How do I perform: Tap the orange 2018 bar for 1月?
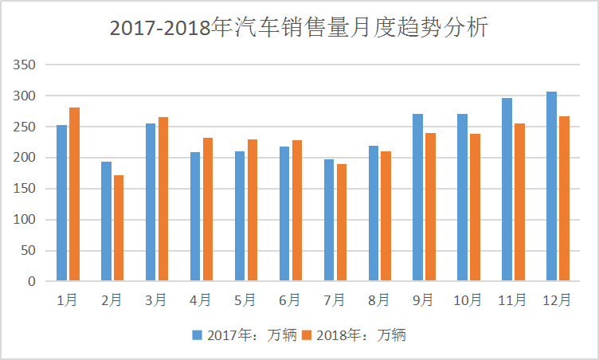point(74,194)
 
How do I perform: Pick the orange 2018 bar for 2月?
point(119,228)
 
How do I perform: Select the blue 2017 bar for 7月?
point(329,220)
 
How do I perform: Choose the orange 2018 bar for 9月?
point(430,207)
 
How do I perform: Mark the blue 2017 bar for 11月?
point(507,190)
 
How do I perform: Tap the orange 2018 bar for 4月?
point(208,209)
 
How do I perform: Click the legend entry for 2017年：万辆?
point(244,335)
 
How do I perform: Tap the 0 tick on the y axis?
point(32,281)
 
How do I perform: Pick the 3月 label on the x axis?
point(156,300)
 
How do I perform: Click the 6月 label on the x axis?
point(290,300)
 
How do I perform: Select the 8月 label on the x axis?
point(379,300)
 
